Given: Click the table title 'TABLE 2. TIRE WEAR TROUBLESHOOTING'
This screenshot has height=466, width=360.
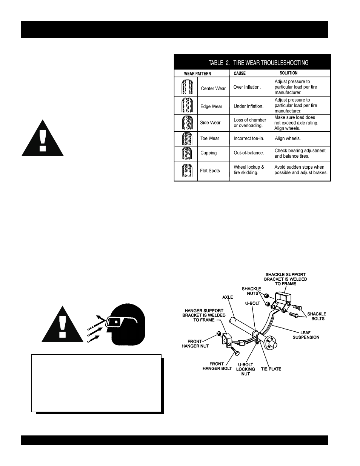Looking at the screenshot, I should [x=258, y=63].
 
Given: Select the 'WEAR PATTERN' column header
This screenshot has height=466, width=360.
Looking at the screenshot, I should [x=197, y=74].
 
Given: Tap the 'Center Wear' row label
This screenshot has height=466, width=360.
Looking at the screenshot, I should [x=213, y=89].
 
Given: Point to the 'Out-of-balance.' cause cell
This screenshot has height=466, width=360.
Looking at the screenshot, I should [x=248, y=153].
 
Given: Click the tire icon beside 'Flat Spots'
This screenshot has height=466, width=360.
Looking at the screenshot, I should [x=186, y=171].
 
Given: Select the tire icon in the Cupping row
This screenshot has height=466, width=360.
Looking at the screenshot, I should [x=186, y=153].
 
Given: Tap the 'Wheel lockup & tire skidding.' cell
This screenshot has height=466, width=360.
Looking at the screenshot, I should [x=249, y=170].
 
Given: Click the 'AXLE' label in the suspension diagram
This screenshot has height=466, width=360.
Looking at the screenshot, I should [x=228, y=297].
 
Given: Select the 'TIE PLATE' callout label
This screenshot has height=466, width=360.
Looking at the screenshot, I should [x=271, y=369].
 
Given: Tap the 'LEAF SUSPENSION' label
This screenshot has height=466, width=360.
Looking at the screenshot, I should [x=306, y=335].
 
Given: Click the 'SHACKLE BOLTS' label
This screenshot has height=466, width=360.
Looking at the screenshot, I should [x=317, y=316].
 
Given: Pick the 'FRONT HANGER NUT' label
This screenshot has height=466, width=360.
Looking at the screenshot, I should [x=195, y=344].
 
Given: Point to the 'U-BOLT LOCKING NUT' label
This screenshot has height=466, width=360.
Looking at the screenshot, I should [x=246, y=369].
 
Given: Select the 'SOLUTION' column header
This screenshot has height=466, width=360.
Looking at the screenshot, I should [x=288, y=73].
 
